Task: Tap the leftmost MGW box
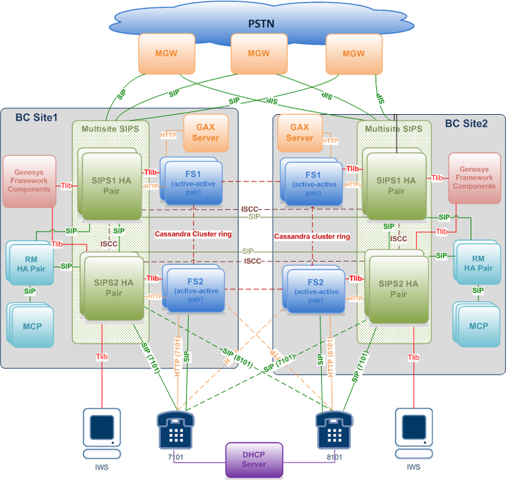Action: (x=161, y=54)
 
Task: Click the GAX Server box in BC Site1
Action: (x=206, y=132)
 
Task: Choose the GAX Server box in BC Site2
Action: (x=300, y=132)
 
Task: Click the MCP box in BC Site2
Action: (x=478, y=325)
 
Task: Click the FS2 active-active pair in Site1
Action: (x=194, y=287)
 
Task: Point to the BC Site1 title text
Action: (x=36, y=117)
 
